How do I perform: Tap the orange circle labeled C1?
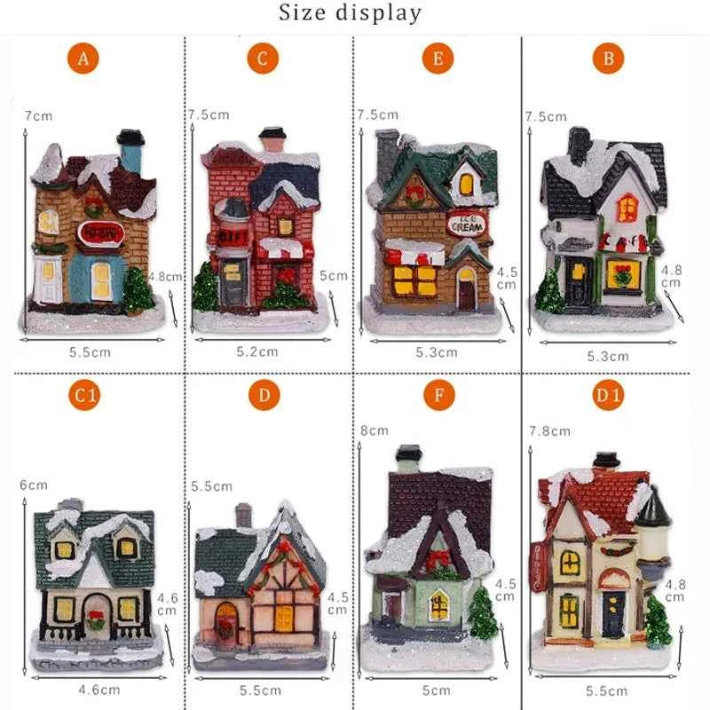[84, 396]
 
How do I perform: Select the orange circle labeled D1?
[609, 396]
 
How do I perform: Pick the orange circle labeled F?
[438, 396]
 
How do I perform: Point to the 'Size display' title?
[351, 13]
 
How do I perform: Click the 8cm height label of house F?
[374, 430]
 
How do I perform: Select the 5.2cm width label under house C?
[258, 351]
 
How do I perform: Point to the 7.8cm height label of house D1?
[549, 430]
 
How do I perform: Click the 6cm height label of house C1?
[33, 485]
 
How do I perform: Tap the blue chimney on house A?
[131, 155]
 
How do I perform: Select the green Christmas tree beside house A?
[138, 288]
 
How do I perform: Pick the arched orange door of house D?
[226, 620]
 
